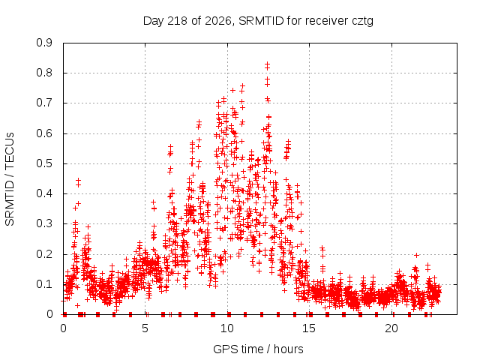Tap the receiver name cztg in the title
pos(363,22)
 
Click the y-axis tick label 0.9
pos(44,43)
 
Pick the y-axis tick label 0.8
pos(44,73)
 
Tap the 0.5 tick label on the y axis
pos(44,163)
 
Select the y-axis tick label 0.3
pos(44,223)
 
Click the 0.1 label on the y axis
pos(44,284)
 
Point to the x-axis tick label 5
pos(145,328)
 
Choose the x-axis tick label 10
pos(227,328)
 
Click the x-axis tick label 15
pos(309,328)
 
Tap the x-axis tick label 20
pos(391,328)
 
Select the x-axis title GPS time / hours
pos(258,349)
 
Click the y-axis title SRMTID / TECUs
pos(10,179)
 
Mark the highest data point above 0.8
pos(267,64)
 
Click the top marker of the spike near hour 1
pos(78,180)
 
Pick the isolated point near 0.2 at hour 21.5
pos(416,255)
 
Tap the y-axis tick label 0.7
pos(44,103)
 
